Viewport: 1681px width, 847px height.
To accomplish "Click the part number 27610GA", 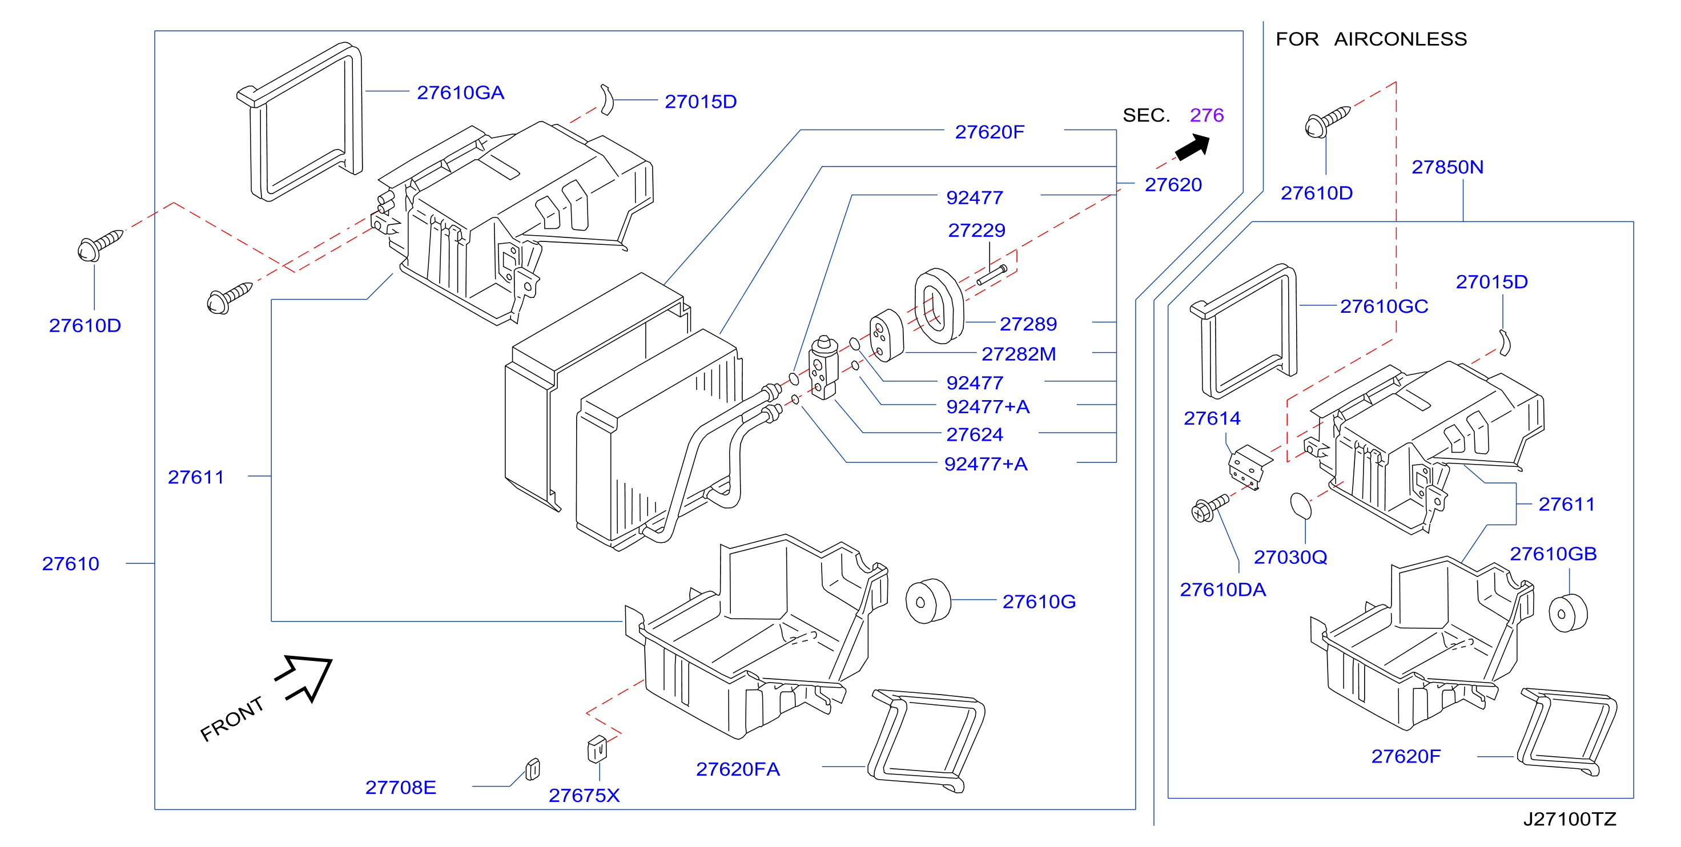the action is [461, 92].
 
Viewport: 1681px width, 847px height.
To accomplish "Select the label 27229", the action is [976, 231].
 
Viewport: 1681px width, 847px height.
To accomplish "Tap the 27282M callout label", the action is [1019, 354].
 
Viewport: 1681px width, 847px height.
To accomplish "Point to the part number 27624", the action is [974, 434].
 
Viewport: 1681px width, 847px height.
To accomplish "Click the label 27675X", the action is [584, 796].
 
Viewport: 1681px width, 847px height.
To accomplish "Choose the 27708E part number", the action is [401, 788].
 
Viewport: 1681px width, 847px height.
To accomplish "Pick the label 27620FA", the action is [738, 769].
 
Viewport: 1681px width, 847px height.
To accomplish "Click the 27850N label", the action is [1447, 167].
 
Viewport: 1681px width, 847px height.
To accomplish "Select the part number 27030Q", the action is [1290, 557].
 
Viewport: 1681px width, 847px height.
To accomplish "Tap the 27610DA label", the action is [1223, 590].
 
